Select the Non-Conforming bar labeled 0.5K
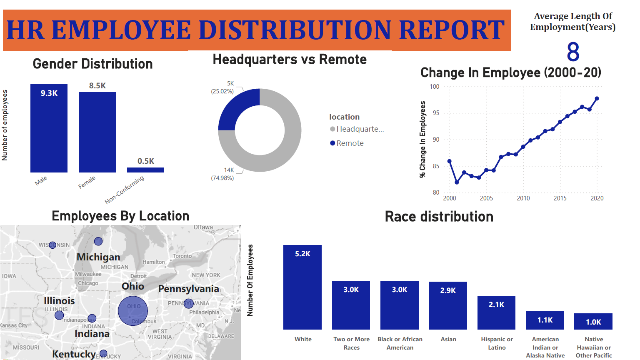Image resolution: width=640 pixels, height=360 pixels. pos(145,170)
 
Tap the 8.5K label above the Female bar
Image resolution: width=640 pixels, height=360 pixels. pos(97,86)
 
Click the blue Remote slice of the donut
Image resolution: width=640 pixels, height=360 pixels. pos(237,108)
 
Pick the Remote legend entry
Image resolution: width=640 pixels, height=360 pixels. pos(350,143)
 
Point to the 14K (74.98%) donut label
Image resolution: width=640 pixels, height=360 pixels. pos(223,174)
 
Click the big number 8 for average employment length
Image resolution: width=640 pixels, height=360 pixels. pos(573,52)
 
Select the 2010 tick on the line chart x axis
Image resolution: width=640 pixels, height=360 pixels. pos(523,198)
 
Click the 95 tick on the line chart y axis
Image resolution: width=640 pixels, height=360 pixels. pos(435,113)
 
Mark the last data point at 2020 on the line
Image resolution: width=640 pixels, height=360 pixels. pos(597,99)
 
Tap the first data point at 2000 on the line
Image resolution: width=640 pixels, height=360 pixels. pos(449,161)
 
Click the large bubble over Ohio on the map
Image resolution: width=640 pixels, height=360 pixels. pos(133,311)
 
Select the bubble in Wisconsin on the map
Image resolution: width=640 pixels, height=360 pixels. pos(52,245)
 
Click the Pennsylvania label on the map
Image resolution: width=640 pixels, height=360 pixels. pos(188,289)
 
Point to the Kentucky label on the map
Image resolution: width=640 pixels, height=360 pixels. pos(74,354)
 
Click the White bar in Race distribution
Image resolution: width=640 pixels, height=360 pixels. pos(302,287)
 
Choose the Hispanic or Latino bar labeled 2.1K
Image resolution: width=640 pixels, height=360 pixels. pos(496,312)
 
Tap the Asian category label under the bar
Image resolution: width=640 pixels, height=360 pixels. pos(448,340)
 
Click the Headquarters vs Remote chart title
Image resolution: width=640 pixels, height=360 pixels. pos(290,60)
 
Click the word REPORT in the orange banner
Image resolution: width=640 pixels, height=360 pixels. pos(452,30)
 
